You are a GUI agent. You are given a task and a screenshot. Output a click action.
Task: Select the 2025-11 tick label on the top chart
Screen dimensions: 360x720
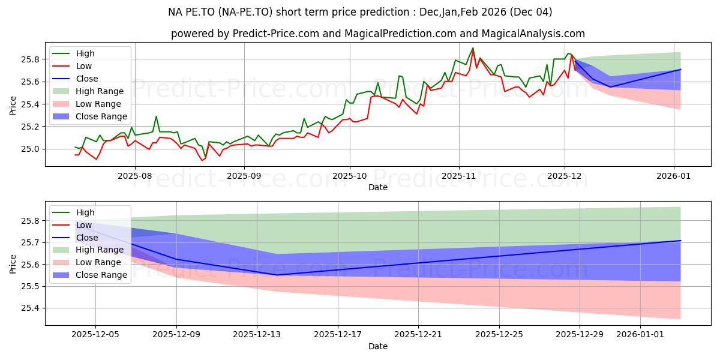(459, 176)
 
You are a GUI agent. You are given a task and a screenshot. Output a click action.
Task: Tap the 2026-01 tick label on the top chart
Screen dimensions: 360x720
(674, 176)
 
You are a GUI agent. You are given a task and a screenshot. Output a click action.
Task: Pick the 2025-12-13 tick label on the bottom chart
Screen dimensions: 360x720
(257, 335)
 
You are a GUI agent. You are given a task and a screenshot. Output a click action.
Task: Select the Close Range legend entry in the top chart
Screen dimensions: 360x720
(101, 116)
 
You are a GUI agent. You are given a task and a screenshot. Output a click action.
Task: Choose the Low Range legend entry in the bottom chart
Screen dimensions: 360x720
(100, 262)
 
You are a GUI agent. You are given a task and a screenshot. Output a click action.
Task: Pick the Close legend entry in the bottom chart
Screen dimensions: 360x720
(87, 238)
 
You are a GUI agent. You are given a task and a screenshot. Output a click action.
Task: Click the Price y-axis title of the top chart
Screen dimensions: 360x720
(13, 104)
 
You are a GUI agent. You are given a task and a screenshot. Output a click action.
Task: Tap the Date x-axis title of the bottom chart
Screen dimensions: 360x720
(378, 346)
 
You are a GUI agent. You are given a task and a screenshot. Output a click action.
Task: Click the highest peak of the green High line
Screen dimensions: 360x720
(473, 48)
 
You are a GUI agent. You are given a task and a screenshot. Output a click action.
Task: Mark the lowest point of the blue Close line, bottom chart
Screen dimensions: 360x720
(277, 275)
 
